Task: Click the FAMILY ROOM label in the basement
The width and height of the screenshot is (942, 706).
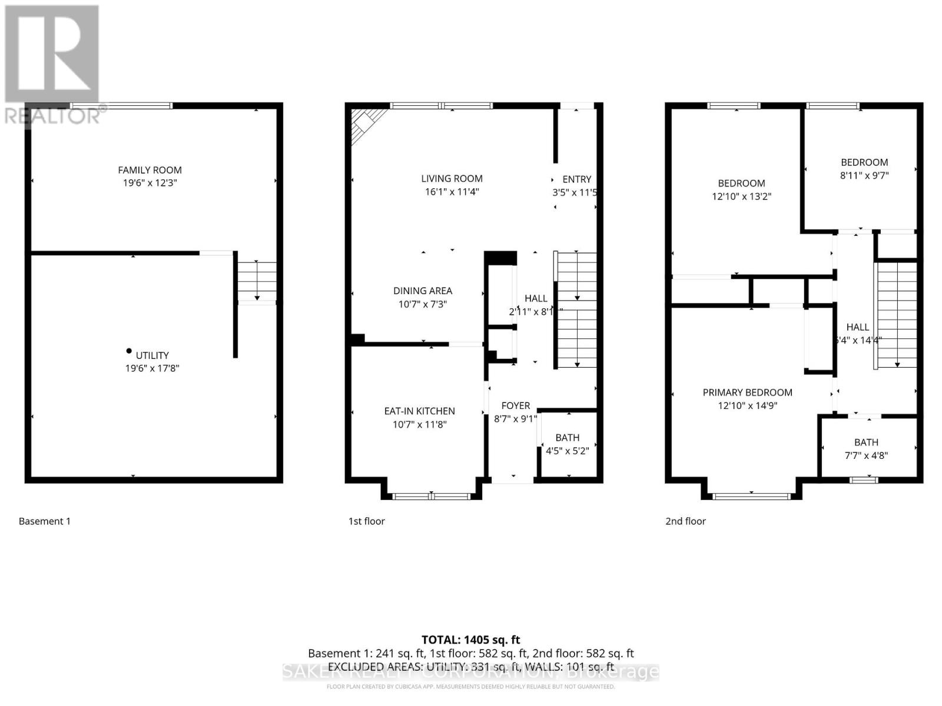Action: click(150, 170)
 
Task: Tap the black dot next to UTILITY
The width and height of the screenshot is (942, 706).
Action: click(129, 351)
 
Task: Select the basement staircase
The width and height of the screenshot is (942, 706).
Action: click(257, 281)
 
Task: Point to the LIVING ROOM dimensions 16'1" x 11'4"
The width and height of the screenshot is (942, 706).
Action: click(452, 192)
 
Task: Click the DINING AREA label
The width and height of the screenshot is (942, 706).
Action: click(422, 291)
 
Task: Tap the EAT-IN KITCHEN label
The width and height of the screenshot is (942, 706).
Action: click(419, 411)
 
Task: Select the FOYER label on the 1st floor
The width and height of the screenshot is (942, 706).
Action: click(515, 405)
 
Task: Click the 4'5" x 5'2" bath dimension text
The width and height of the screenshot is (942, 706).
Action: click(567, 451)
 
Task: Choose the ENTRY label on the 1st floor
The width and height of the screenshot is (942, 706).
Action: click(576, 179)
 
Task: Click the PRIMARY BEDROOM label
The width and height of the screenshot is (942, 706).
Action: click(747, 392)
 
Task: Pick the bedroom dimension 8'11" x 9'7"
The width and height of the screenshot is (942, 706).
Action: click(864, 175)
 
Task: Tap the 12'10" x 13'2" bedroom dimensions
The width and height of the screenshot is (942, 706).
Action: click(741, 197)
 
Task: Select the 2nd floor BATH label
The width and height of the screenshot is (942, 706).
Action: click(866, 442)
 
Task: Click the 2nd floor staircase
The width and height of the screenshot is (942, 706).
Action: click(897, 315)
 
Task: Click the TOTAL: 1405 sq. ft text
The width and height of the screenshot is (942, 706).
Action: click(470, 640)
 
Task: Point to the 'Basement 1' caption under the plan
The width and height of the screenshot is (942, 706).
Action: click(45, 521)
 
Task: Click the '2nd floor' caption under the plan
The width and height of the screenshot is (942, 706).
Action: click(685, 521)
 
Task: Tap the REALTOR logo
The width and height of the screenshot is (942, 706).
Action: click(53, 65)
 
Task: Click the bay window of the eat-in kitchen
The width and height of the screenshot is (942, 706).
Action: click(432, 497)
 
